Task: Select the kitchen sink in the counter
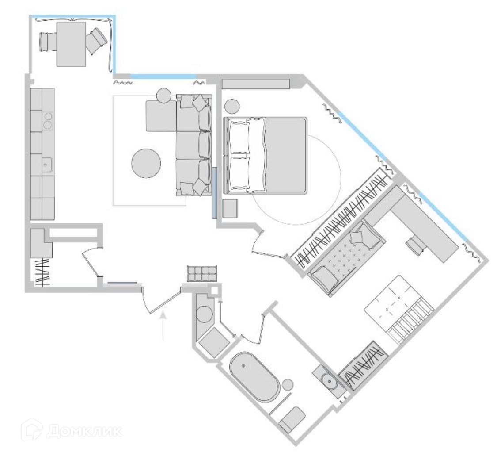tap(46, 165)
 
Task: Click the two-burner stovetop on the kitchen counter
tap(48, 121)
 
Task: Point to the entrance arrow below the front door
tap(163, 327)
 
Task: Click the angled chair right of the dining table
tap(96, 40)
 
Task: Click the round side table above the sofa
tap(163, 95)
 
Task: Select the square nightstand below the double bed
tap(231, 208)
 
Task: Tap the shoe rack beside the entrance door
tap(202, 273)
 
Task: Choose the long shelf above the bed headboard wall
tap(255, 84)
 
